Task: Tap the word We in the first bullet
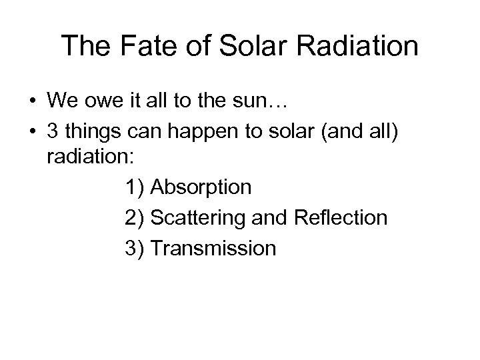pyautogui.click(x=63, y=100)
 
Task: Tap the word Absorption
pyautogui.click(x=201, y=187)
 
